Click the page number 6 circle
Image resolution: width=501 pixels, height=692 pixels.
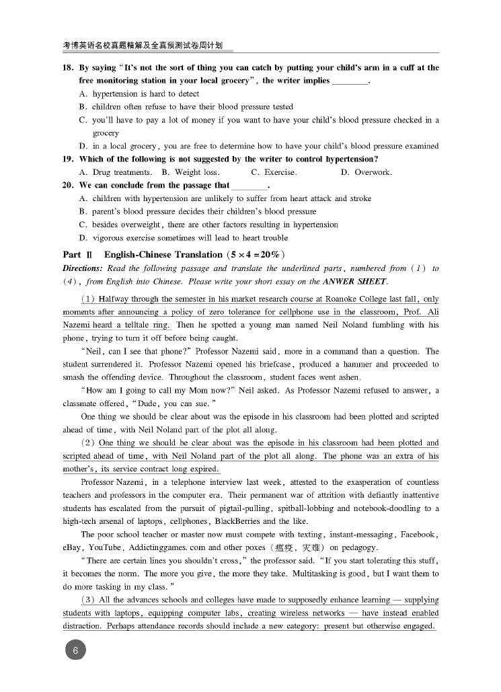coord(75,650)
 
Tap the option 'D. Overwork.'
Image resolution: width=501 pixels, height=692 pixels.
coord(366,172)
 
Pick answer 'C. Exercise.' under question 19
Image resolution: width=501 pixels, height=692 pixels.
coord(274,172)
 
